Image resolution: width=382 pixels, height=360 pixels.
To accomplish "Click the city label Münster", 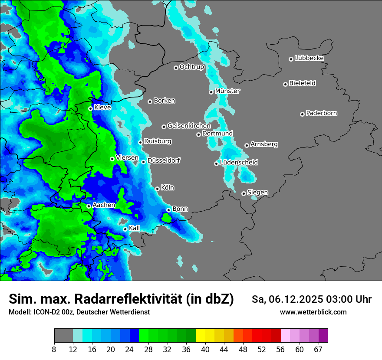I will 227,91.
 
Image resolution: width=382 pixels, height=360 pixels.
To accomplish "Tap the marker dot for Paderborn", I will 302,114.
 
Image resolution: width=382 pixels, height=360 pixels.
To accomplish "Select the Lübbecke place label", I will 309,58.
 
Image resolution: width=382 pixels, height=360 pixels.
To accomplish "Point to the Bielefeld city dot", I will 285,84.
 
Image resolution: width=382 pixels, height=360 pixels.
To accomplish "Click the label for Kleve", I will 102,108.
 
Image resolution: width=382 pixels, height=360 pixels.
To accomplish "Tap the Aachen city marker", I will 89,206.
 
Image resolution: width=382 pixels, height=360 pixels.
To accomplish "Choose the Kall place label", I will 135,228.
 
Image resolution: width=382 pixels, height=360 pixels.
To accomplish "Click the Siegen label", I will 257,193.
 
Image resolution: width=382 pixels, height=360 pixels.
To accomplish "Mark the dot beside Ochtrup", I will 176,68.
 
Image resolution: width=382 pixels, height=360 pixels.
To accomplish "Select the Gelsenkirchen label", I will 189,126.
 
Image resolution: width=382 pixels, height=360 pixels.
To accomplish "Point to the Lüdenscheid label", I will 239,163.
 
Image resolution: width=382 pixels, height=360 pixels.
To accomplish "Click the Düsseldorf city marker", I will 143,162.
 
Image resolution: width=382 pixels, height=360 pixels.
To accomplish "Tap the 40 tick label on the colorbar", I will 205,349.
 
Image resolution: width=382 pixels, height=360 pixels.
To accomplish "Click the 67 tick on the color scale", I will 318,349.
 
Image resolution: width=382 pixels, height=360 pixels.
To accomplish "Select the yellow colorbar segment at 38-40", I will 201,336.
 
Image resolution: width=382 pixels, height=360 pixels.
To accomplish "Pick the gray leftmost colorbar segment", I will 63,336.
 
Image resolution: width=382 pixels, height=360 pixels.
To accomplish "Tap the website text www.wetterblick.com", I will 313,312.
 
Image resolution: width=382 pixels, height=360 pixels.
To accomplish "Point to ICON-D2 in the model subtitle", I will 43,312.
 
